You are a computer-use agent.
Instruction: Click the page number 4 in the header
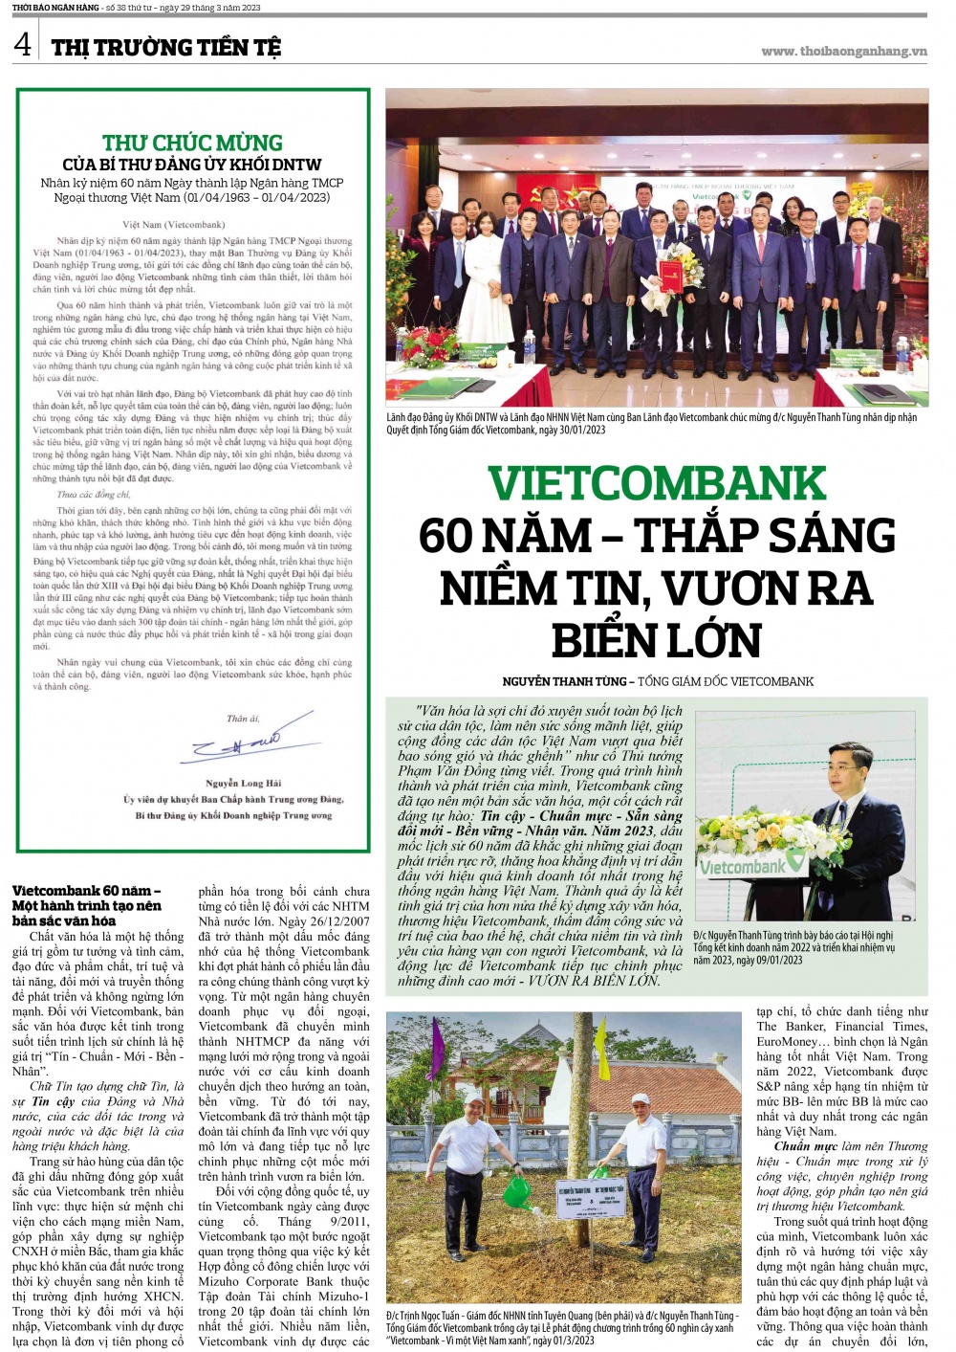click(23, 44)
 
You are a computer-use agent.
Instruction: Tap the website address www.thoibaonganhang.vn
click(843, 52)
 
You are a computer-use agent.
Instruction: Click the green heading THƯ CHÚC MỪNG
click(192, 143)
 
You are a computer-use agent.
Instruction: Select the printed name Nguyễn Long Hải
click(243, 783)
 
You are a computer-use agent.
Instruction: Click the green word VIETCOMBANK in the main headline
click(657, 483)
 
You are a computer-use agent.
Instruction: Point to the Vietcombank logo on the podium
click(743, 867)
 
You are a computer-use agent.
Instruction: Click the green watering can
click(516, 1190)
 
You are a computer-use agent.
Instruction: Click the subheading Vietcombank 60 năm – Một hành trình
click(87, 905)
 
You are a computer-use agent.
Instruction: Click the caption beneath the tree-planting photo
click(562, 1327)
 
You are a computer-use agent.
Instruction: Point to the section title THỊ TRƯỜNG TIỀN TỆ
click(166, 47)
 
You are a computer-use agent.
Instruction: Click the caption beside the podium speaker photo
click(793, 947)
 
